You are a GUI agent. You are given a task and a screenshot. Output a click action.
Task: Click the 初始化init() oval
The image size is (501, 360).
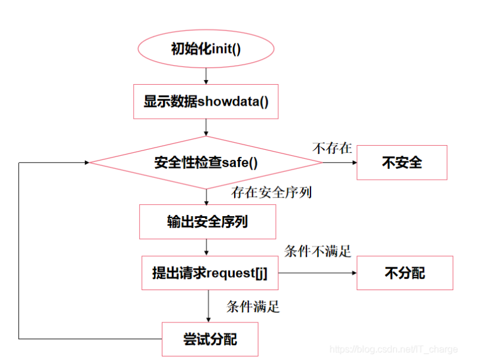tap(206, 49)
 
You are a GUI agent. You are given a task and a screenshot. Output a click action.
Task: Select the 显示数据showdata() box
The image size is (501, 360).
tap(206, 101)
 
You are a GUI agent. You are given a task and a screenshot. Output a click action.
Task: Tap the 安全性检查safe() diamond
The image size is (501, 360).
tap(206, 162)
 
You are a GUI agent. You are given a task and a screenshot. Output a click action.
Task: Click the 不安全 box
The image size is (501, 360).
tap(401, 162)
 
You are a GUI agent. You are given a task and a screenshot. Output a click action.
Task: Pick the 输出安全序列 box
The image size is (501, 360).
tap(207, 222)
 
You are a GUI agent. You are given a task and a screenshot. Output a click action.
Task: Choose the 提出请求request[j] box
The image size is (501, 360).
tap(210, 273)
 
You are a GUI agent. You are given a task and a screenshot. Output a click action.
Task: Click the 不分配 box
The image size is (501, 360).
tap(404, 273)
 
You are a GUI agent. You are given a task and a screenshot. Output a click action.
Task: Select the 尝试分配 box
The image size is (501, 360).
tap(210, 339)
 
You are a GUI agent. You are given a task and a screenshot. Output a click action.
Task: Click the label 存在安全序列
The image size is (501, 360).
tap(272, 193)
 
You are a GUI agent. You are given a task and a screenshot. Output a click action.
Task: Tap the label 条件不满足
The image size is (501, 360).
tap(317, 251)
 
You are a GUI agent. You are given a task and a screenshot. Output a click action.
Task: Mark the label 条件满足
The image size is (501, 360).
tap(253, 307)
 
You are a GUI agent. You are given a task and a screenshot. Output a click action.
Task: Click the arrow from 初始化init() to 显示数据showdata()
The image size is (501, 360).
tap(206, 75)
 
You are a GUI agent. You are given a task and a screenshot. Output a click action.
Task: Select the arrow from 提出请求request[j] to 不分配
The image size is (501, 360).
tap(316, 273)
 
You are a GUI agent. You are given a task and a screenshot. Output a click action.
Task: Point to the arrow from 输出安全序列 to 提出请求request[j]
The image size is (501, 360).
tap(206, 247)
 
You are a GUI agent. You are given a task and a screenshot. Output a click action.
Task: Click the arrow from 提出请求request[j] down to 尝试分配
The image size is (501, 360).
tap(208, 306)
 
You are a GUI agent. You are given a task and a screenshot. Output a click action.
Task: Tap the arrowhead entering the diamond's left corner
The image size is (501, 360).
tap(86, 162)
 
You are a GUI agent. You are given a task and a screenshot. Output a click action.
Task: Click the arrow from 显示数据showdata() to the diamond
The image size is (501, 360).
tap(206, 127)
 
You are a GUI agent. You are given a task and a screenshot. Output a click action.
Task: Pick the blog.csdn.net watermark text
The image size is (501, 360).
tap(394, 349)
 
